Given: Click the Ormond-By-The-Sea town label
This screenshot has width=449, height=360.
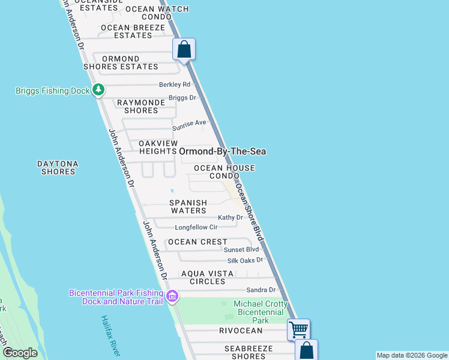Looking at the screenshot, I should coord(223,152).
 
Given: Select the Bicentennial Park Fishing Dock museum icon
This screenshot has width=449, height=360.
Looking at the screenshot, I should coord(172,296).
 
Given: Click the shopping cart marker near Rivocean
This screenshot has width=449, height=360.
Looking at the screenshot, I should coord(298,329).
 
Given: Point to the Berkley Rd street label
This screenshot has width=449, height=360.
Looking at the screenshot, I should coord(174,85).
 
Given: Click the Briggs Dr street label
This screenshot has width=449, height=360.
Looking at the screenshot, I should coord(182,98).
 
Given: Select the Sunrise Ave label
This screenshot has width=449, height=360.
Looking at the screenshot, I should coord(189,125).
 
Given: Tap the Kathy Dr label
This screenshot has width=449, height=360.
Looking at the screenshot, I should coord(231,218).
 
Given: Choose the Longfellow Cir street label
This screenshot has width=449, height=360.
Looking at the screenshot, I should coord(196,227).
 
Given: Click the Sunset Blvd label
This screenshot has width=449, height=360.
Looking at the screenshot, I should coord(241,249).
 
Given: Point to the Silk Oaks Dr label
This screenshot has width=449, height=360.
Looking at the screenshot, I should coord(246,260).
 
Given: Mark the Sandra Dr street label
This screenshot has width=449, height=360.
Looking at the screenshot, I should coord(261,290).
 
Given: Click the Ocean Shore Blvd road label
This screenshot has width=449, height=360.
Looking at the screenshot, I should coord(250,211).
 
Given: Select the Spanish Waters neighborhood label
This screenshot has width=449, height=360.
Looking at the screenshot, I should coord(188,206).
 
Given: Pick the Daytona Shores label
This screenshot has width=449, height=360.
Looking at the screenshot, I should coord(58,167).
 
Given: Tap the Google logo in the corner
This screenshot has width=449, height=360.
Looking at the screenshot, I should coord(20,353).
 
